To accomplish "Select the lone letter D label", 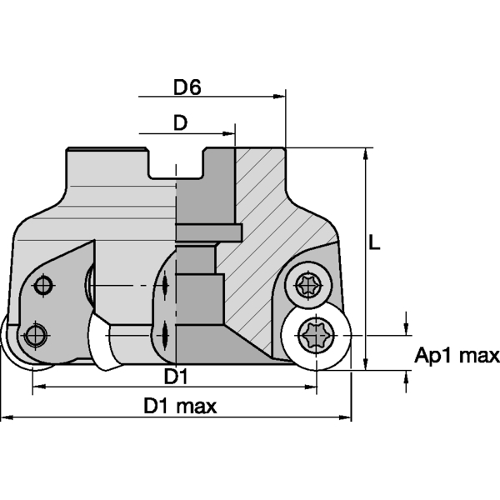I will coord(179,122).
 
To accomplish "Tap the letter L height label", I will coord(377,243).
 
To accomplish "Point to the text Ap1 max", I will coord(457,357).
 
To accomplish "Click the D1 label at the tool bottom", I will coord(174,377).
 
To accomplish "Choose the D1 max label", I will coord(180,407).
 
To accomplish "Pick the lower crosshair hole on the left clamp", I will coord(33,336).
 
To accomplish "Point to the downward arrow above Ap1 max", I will coord(406,328).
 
